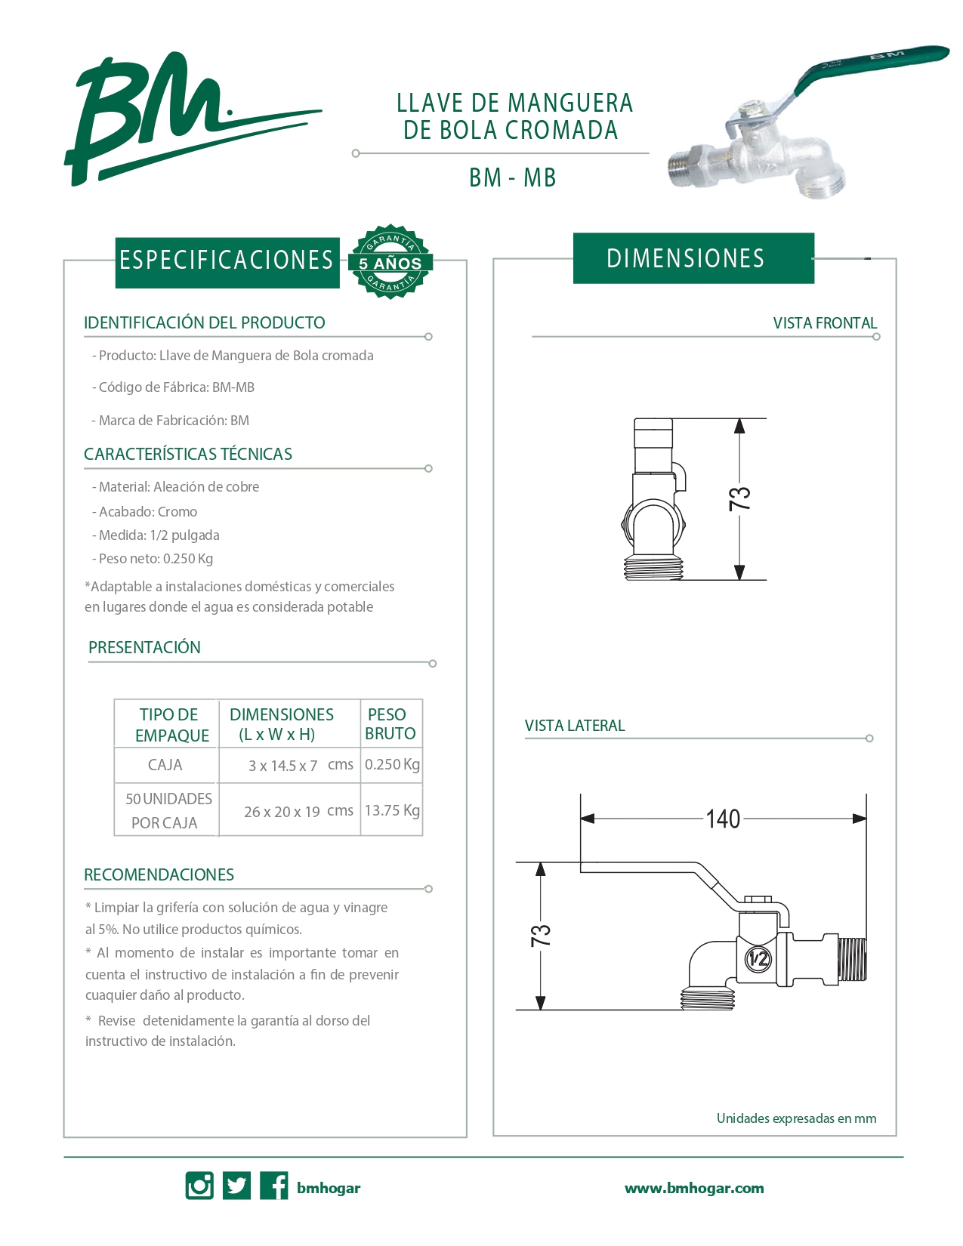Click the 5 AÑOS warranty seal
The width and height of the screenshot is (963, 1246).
[390, 262]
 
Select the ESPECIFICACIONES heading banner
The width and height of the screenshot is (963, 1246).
[227, 261]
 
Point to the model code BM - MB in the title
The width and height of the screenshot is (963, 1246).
[512, 177]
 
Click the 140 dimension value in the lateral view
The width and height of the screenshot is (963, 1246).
[723, 819]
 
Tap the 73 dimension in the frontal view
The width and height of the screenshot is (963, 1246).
[740, 498]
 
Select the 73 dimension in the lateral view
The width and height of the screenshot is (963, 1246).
[541, 936]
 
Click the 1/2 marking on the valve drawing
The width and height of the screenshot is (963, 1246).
[758, 959]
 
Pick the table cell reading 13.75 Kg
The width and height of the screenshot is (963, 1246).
[392, 810]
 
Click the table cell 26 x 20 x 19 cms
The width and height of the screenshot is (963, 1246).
[298, 811]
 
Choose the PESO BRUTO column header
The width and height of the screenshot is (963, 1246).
[390, 723]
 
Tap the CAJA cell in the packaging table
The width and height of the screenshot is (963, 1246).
[165, 765]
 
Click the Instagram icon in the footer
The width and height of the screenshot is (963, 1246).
[199, 1186]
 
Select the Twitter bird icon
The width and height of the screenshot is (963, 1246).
[237, 1186]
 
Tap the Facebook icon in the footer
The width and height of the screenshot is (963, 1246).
[273, 1186]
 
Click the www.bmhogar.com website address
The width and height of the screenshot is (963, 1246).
[694, 1188]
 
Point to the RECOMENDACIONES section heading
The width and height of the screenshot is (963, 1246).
[159, 874]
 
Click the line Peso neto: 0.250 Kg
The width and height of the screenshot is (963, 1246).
[154, 559]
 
